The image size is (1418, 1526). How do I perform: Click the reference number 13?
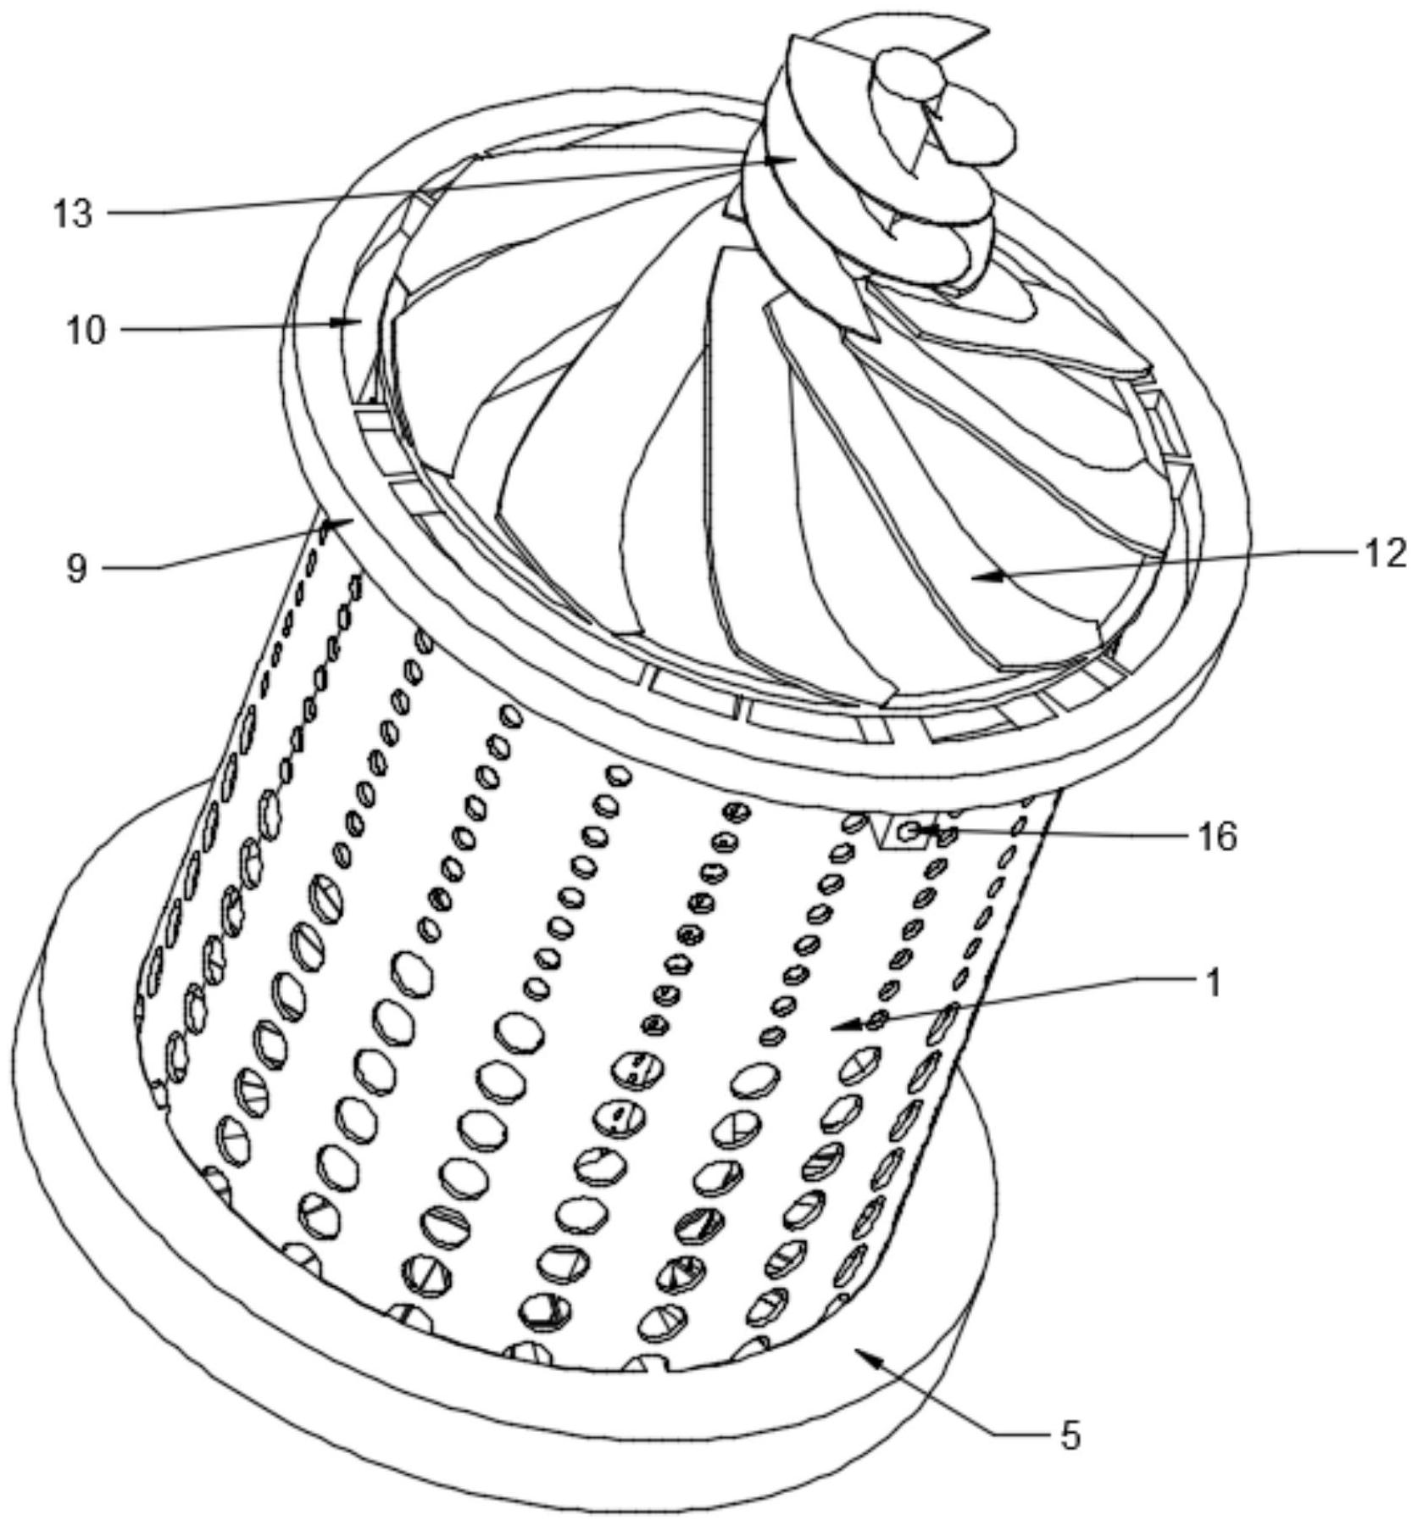[x=72, y=214]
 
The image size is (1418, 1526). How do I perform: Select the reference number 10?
[x=86, y=330]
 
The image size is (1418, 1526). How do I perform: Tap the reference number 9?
[x=76, y=568]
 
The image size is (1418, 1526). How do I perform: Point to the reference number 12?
[x=1384, y=553]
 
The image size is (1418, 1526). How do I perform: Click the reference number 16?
[x=1216, y=837]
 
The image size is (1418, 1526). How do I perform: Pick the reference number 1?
[x=1214, y=983]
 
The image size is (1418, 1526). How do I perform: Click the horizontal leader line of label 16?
[x=1059, y=834]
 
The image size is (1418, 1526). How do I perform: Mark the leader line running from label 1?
[x=1017, y=1000]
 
